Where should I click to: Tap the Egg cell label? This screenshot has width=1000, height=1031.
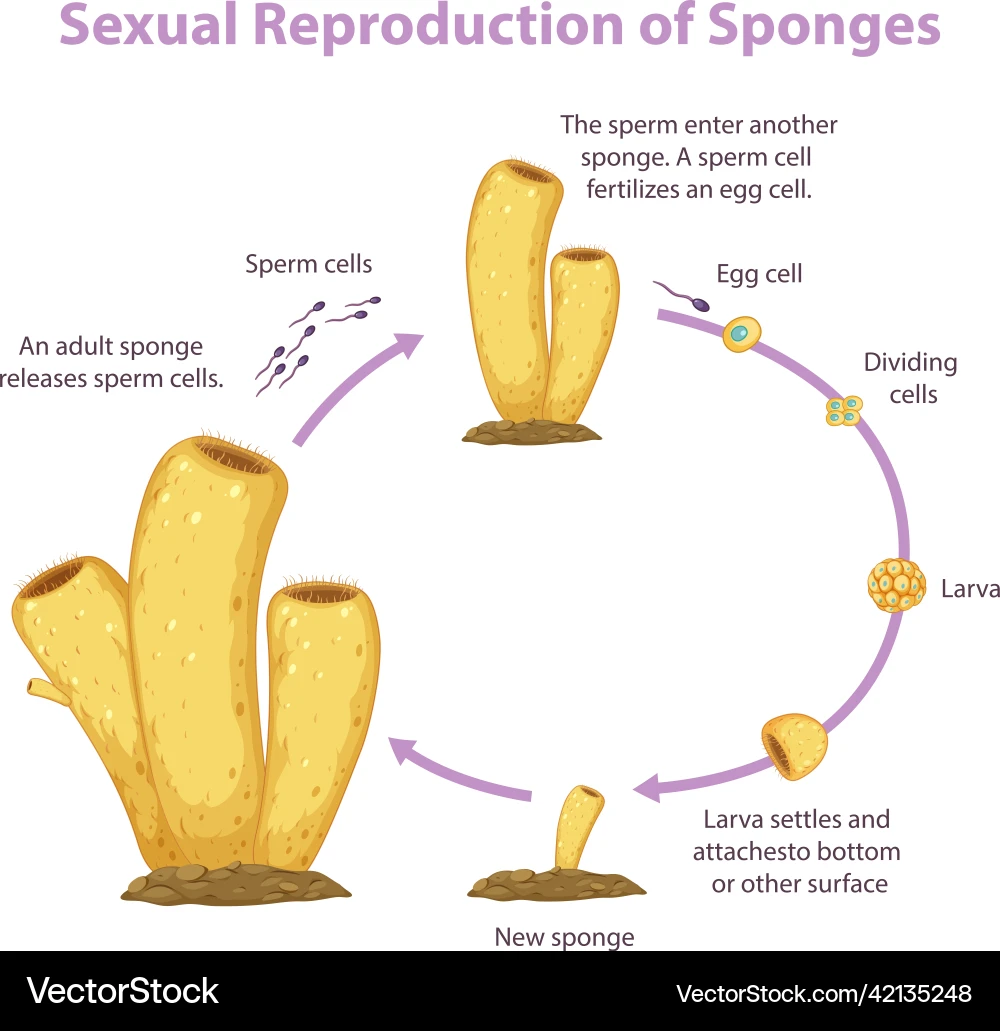[x=759, y=274]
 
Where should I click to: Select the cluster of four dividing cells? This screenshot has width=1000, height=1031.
[x=844, y=410]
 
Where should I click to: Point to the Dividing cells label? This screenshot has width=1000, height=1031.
[x=910, y=378]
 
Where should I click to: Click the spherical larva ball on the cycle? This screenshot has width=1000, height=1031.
[x=896, y=585]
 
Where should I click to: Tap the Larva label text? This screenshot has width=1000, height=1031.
[x=969, y=589]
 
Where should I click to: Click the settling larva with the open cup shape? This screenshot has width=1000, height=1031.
[x=794, y=746]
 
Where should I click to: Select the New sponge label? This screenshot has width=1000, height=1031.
[x=564, y=937]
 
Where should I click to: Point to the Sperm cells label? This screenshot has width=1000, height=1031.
[x=308, y=264]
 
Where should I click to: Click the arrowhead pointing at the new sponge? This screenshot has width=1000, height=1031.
[x=649, y=787]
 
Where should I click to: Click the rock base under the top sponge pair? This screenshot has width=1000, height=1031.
[x=531, y=432]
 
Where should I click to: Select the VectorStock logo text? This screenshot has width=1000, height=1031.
[x=123, y=991]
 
